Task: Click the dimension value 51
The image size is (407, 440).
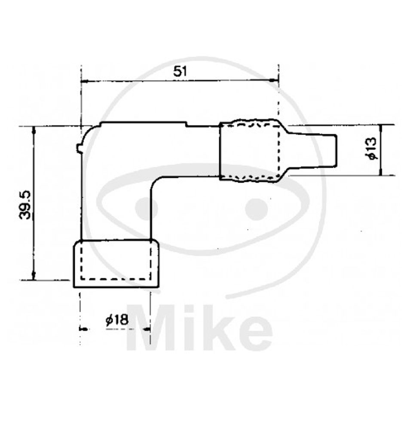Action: (x=180, y=72)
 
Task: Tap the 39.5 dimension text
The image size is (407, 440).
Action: (x=25, y=205)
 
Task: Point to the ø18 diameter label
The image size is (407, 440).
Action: (x=117, y=320)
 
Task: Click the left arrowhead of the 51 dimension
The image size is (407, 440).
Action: (x=85, y=81)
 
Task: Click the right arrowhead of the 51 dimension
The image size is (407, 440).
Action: (x=275, y=81)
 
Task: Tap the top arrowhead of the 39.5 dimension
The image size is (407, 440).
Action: (x=34, y=130)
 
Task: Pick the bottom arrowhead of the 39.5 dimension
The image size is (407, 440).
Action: (x=34, y=276)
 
